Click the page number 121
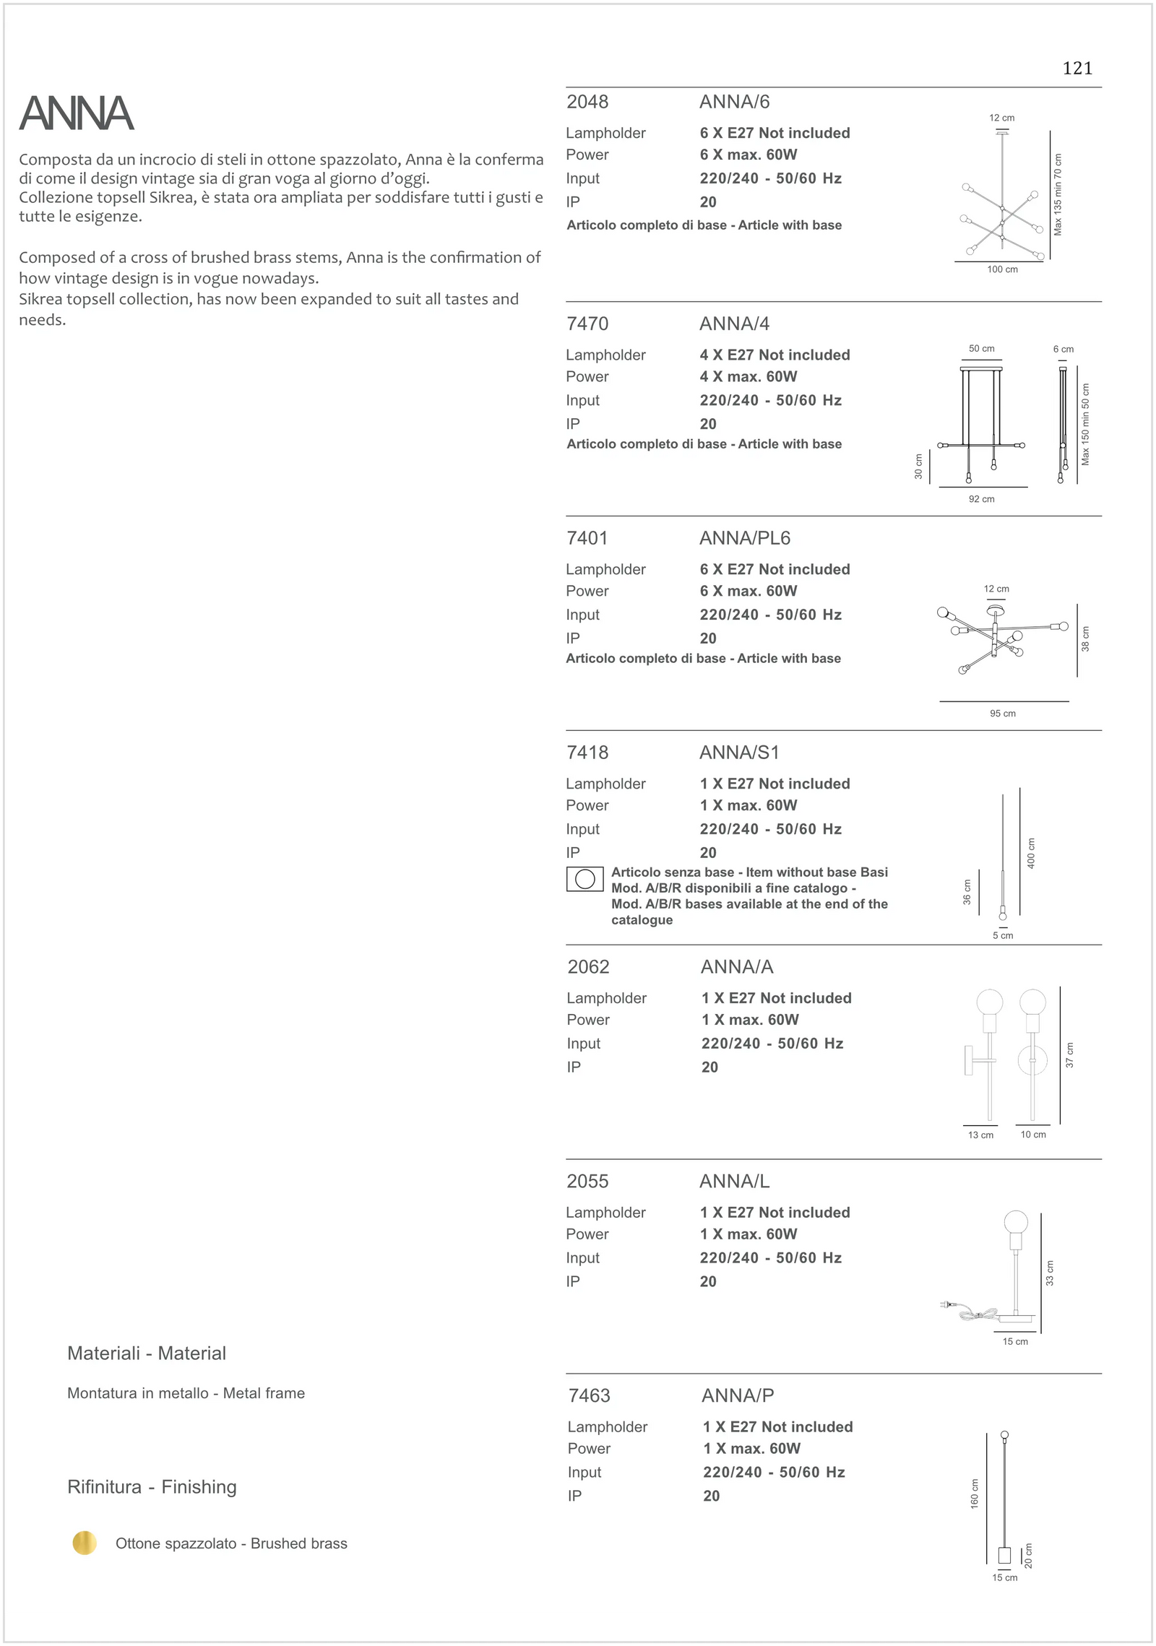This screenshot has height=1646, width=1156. tap(1077, 69)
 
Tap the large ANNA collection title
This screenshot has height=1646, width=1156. tap(77, 114)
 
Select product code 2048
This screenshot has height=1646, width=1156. tap(587, 102)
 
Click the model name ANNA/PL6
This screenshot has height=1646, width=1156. tap(744, 538)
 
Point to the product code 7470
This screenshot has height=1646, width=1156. tap(587, 324)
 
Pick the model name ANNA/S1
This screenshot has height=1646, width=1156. tap(739, 753)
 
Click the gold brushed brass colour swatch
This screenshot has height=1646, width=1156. tap(85, 1543)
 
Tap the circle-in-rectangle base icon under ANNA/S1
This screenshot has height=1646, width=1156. tap(585, 879)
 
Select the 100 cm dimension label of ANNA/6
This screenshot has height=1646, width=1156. tap(1002, 269)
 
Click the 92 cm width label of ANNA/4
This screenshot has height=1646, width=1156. tap(981, 499)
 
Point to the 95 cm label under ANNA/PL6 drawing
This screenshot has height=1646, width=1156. tap(1002, 714)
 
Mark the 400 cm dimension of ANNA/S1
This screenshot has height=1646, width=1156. tap(1031, 853)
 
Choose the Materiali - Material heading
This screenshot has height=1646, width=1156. tap(147, 1353)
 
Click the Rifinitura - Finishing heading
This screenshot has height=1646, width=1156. tap(152, 1487)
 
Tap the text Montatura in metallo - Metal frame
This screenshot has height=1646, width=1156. tap(186, 1393)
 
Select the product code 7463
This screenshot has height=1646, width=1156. tap(590, 1395)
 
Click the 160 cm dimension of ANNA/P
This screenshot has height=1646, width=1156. tap(975, 1494)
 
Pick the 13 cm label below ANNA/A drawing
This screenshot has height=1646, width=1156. tap(980, 1135)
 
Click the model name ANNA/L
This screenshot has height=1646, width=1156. tap(734, 1181)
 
